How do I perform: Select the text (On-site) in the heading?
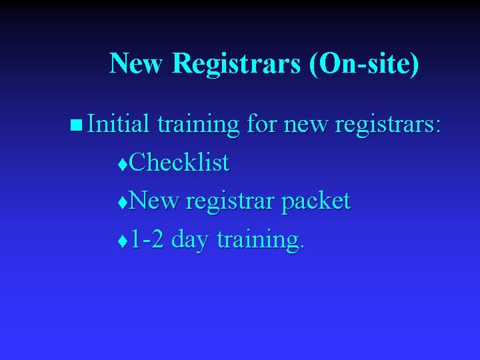tap(365, 65)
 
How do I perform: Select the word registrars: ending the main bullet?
tap(387, 125)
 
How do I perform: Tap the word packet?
tap(316, 201)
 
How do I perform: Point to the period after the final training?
tap(303, 248)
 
